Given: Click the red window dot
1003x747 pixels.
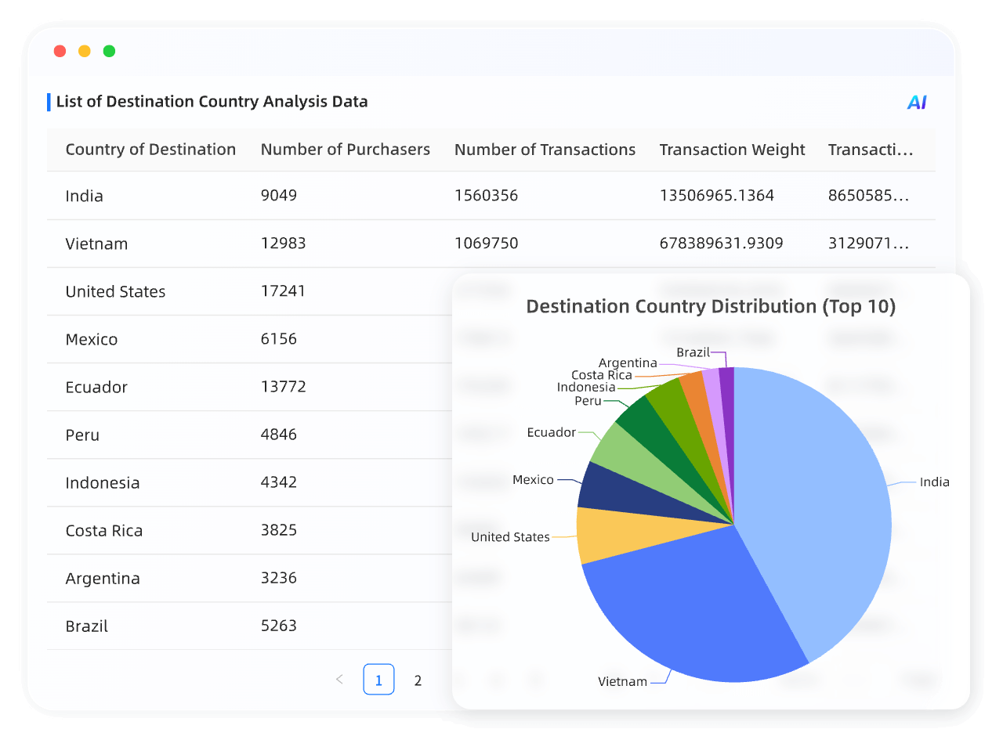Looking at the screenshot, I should [x=60, y=51].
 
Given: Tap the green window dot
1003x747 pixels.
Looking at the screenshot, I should [x=109, y=51].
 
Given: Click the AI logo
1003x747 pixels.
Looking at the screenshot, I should [x=916, y=103].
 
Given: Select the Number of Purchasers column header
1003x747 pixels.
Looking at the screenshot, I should [x=345, y=150].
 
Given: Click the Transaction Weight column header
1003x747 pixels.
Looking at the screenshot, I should [x=732, y=150].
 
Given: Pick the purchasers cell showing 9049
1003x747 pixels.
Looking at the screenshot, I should [x=278, y=195].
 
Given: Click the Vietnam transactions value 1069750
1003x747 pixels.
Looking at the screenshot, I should [x=486, y=243].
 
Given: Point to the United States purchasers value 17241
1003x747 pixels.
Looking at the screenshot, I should [x=282, y=290].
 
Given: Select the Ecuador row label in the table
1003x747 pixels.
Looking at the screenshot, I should [x=96, y=387].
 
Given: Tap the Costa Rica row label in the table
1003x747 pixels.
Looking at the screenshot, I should [x=103, y=530].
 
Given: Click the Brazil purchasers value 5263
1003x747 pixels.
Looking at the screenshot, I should [x=278, y=626].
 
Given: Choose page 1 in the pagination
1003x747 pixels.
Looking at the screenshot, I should [x=378, y=680].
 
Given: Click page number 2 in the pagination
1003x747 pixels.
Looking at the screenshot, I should [x=418, y=680].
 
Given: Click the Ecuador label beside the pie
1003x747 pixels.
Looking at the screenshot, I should [x=551, y=432].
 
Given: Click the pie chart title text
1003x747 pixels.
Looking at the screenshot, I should [x=710, y=306].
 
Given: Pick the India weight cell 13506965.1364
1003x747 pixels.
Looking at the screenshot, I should [x=716, y=195].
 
